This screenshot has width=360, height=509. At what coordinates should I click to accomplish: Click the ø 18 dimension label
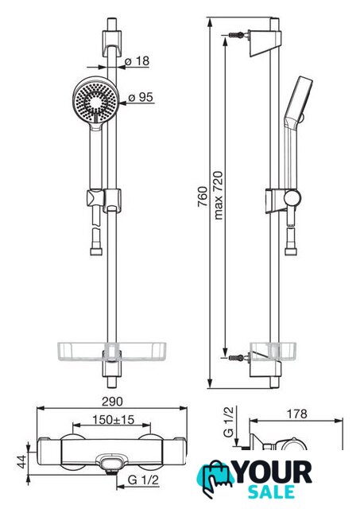pyautogui.click(x=137, y=60)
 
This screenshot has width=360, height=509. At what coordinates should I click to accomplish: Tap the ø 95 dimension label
pyautogui.click(x=141, y=97)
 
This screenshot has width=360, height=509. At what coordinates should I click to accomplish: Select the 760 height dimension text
pyautogui.click(x=203, y=196)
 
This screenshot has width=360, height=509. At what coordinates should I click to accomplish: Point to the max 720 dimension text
pyautogui.click(x=219, y=196)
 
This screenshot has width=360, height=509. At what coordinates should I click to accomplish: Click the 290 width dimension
pyautogui.click(x=112, y=402)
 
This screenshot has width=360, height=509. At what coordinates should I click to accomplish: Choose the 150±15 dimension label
pyautogui.click(x=113, y=419)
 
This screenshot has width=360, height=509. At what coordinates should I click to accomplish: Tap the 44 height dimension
pyautogui.click(x=21, y=461)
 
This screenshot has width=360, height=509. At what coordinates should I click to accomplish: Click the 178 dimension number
pyautogui.click(x=296, y=414)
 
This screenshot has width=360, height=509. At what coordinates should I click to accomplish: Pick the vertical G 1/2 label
pyautogui.click(x=228, y=422)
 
